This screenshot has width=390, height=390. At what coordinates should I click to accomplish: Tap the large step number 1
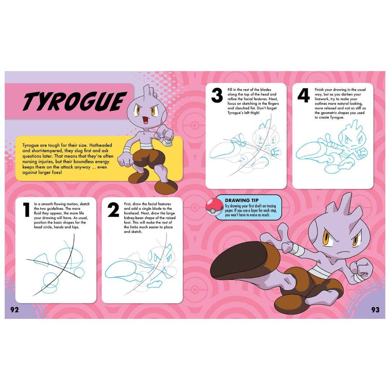point(26,210)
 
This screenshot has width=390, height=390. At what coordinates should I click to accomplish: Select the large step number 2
point(113,210)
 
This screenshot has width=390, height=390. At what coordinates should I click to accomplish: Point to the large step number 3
point(217,96)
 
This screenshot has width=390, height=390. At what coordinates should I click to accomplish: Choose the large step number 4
point(303,96)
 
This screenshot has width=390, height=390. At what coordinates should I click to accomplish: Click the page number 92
point(14,309)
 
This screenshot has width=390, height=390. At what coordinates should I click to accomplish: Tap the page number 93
point(375,309)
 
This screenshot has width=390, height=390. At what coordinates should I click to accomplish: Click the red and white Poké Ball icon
point(214,207)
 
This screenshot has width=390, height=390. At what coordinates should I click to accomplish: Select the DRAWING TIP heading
point(242,200)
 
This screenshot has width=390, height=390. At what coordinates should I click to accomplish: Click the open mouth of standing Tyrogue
point(146,120)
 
